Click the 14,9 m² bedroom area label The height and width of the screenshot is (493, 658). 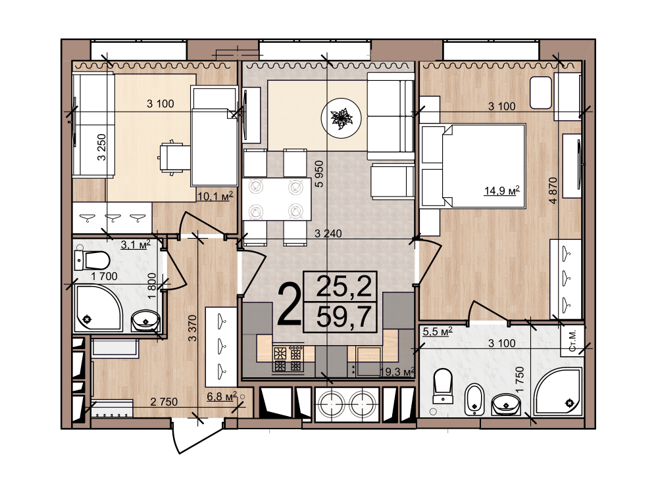502,191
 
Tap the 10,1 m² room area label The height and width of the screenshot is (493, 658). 215,196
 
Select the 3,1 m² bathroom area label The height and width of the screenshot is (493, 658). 136,245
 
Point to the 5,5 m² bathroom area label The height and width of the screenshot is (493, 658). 438,331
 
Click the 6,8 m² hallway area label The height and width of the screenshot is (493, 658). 222,396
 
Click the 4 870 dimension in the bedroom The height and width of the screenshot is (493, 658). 553,191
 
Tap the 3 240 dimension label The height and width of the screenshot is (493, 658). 328,233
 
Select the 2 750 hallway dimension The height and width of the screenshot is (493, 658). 164,402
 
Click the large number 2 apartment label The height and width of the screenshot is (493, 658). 289,304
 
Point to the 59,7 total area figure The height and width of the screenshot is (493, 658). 343,317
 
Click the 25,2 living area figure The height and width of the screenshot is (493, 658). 343,287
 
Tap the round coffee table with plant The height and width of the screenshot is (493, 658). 341,118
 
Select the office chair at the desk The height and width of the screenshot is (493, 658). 174,157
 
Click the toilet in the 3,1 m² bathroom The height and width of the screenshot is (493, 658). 92,260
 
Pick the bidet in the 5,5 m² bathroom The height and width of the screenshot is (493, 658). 474,399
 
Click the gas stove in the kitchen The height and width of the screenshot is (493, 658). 288,359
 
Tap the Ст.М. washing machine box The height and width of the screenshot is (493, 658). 572,340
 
